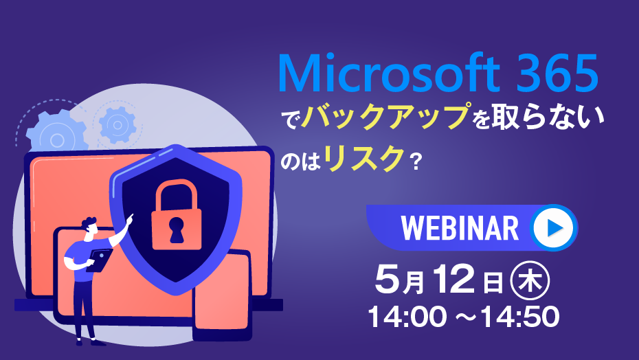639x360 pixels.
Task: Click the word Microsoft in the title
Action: (389, 74)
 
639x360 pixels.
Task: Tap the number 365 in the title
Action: (557, 74)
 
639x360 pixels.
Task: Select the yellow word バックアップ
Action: (385, 117)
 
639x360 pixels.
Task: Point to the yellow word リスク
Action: (364, 158)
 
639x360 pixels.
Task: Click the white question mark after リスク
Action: (416, 162)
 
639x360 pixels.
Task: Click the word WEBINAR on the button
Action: (460, 228)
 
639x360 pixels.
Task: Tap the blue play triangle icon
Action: (554, 227)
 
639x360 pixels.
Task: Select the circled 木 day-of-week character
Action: (530, 280)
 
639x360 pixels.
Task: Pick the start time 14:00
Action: (407, 317)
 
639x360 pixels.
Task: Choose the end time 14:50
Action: (520, 317)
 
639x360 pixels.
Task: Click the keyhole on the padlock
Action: (177, 229)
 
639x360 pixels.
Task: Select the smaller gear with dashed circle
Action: (117, 125)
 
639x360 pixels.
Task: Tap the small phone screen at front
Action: (222, 292)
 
